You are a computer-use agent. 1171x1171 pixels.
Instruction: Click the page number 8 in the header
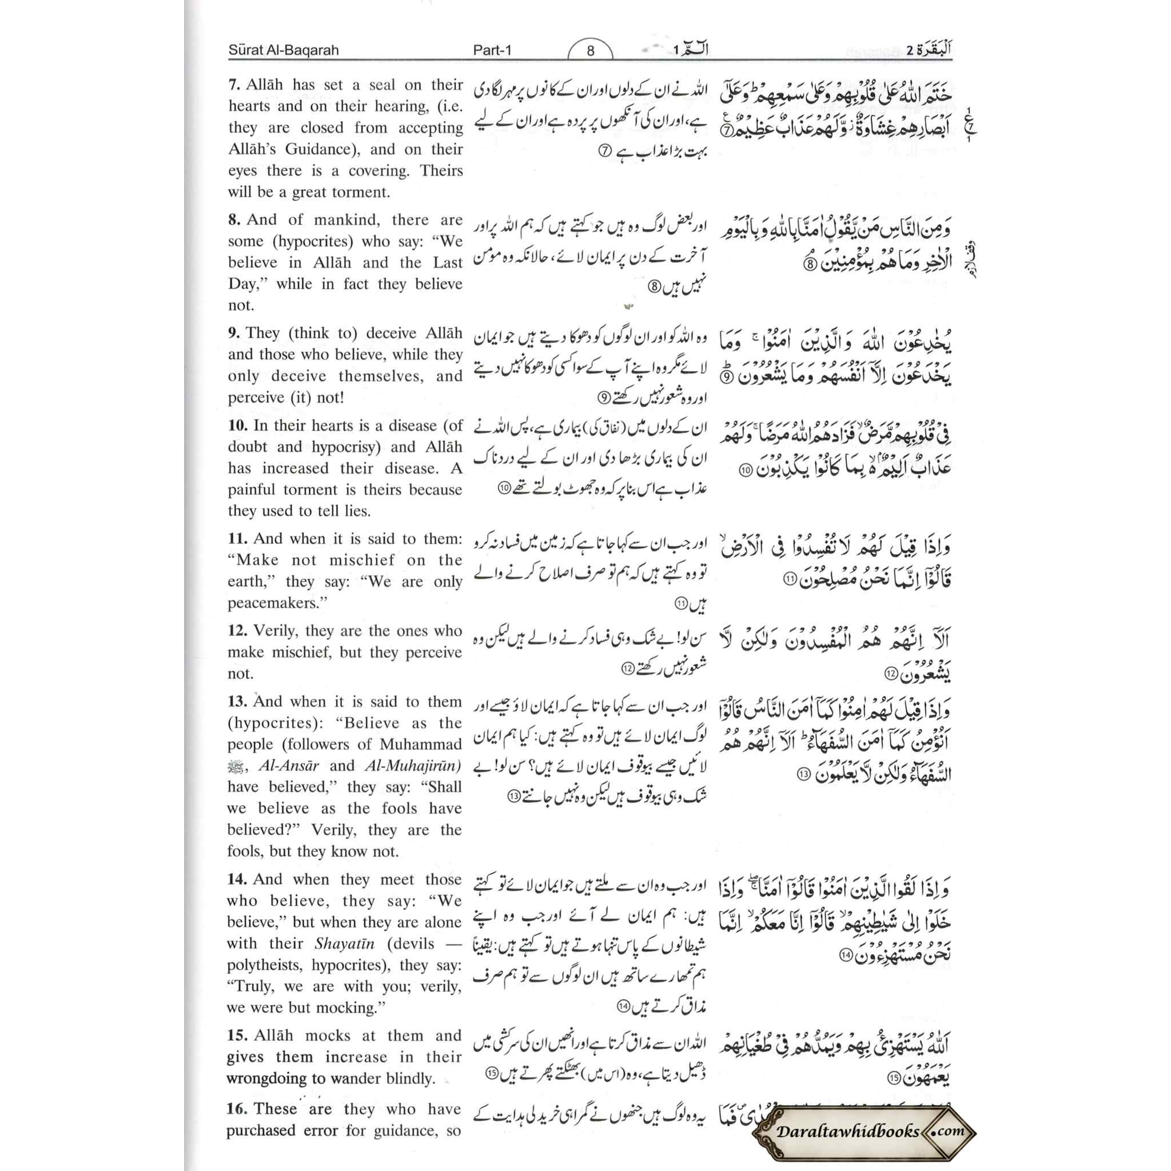590,51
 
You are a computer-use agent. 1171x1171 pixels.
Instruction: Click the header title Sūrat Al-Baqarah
283,50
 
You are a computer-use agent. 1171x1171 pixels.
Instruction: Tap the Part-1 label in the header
492,50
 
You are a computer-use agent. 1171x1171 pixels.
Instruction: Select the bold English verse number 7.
234,85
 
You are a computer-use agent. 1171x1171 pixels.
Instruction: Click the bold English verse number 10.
238,425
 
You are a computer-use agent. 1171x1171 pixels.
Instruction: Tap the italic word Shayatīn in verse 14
344,943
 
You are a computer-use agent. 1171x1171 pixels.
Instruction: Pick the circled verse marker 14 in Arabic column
846,956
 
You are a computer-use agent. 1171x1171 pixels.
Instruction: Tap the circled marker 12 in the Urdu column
627,668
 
